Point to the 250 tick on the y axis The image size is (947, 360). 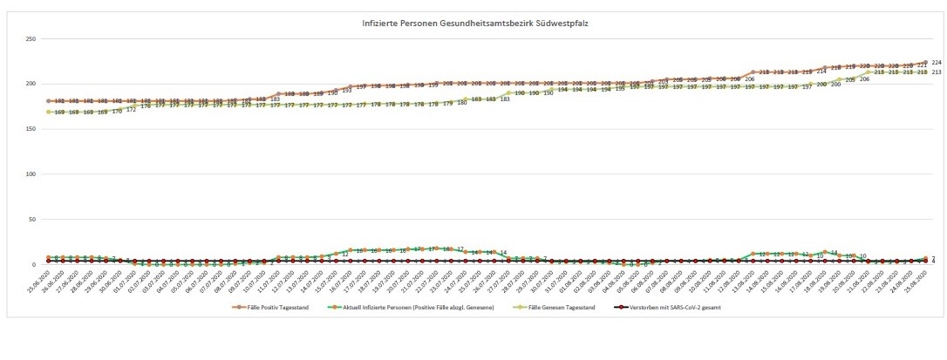[31, 39]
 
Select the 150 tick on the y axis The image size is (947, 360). [31, 129]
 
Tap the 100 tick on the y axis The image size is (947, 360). [31, 174]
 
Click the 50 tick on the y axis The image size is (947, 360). [32, 220]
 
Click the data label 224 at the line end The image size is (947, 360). [936, 63]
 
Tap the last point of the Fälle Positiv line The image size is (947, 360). [924, 63]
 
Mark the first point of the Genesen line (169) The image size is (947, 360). [49, 112]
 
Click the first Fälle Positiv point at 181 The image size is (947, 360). [49, 101]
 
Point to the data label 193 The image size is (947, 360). [346, 90]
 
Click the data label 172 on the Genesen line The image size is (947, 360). [131, 110]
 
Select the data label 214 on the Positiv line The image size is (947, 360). [821, 71]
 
